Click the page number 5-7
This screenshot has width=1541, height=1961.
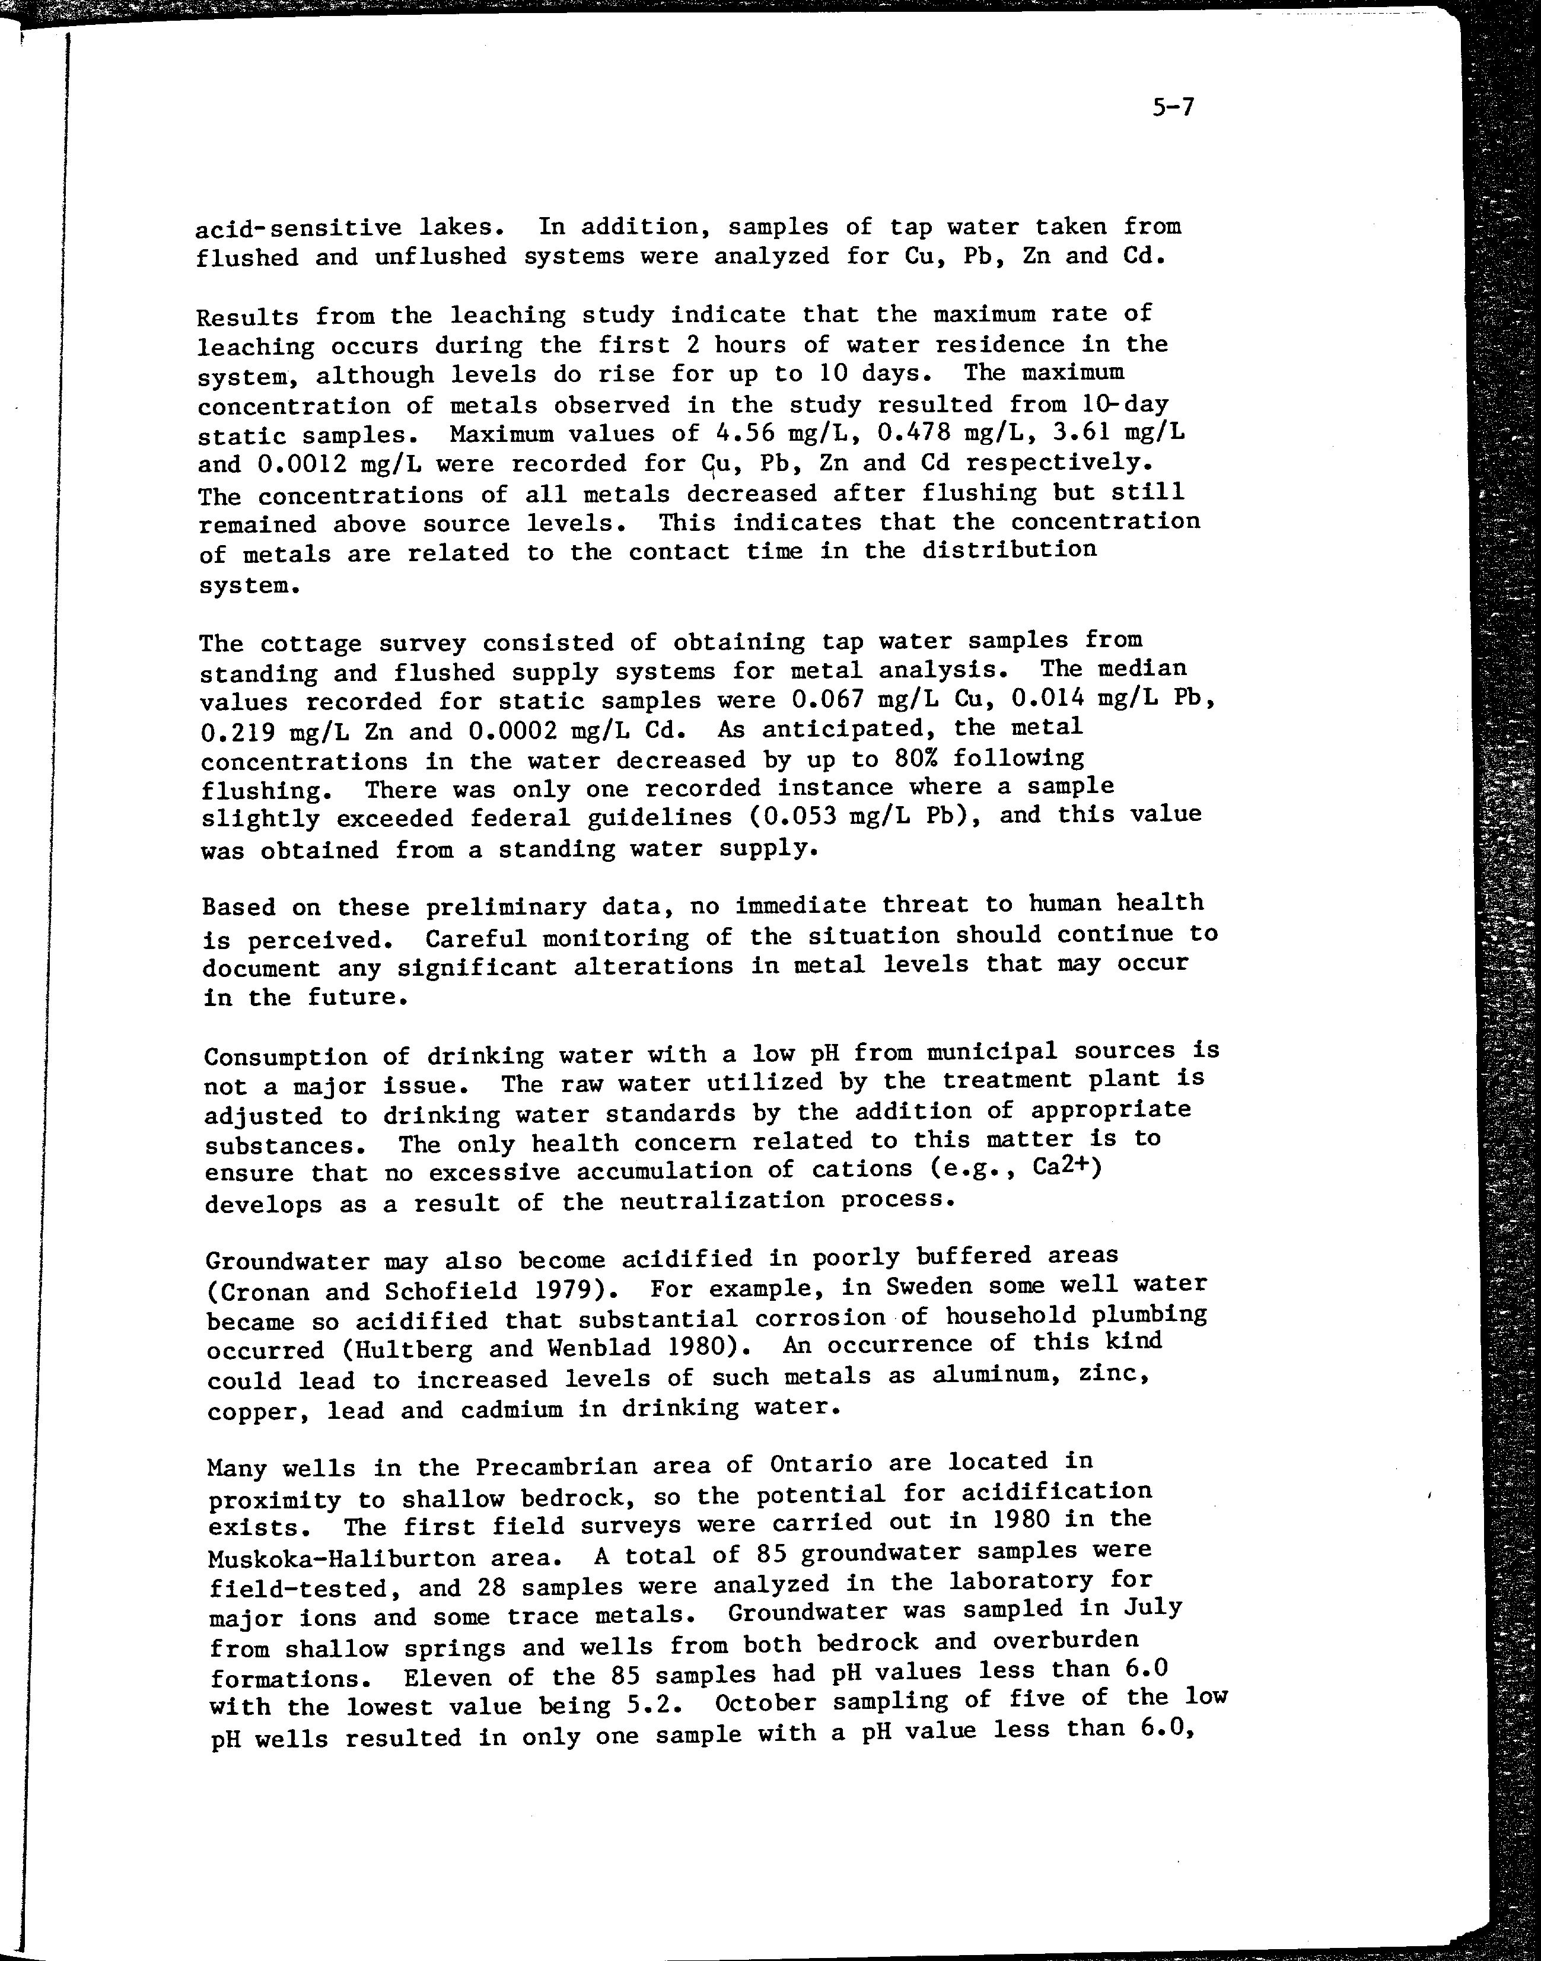(1172, 107)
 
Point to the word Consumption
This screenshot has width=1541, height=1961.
(285, 1056)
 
